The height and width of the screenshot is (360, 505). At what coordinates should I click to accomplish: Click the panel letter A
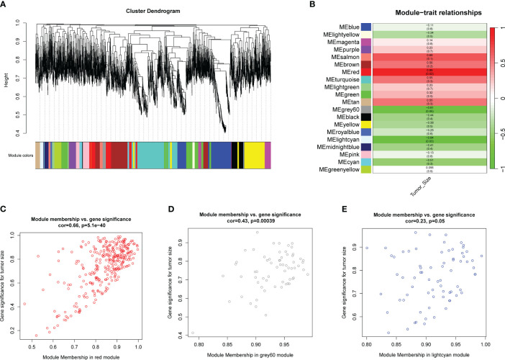point(6,5)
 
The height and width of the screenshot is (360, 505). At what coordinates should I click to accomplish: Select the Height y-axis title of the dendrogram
point(6,74)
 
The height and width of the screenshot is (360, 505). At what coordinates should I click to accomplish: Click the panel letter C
point(6,209)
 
